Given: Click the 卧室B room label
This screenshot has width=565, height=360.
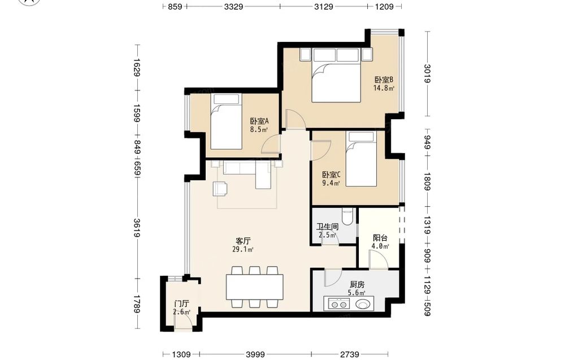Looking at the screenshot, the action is pyautogui.click(x=384, y=80).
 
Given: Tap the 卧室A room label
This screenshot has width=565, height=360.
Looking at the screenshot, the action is pyautogui.click(x=259, y=121).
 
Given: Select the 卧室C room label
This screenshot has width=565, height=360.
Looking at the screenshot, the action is pyautogui.click(x=331, y=175).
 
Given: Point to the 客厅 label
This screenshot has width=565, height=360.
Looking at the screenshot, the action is pyautogui.click(x=243, y=241).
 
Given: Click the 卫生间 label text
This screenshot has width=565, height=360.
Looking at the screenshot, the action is pyautogui.click(x=327, y=227).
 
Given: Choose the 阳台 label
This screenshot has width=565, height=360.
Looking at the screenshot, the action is pyautogui.click(x=380, y=238).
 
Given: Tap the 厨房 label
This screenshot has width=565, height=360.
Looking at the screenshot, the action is pyautogui.click(x=357, y=285).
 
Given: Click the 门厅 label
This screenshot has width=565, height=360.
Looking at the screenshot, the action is pyautogui.click(x=181, y=304).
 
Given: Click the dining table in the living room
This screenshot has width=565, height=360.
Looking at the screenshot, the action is pyautogui.click(x=255, y=287).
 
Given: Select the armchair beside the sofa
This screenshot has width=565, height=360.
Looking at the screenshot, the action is pyautogui.click(x=220, y=188).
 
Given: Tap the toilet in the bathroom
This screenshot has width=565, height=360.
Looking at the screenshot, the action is pyautogui.click(x=347, y=217).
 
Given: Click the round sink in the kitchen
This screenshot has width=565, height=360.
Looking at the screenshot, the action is pyautogui.click(x=363, y=305).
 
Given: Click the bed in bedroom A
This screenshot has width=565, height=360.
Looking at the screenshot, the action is pyautogui.click(x=226, y=122).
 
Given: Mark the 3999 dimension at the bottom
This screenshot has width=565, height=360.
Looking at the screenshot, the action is pyautogui.click(x=255, y=354).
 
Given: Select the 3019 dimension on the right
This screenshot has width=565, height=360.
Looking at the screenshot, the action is pyautogui.click(x=427, y=73).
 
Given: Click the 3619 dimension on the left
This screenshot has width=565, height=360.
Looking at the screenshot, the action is pyautogui.click(x=137, y=228).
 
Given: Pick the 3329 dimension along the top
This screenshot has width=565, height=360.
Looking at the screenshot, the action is pyautogui.click(x=233, y=6).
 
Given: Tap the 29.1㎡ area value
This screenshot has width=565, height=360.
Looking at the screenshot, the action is pyautogui.click(x=243, y=249).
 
